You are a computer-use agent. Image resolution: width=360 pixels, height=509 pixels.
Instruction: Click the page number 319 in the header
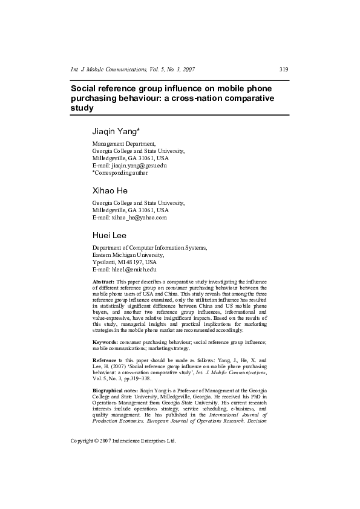coord(284,70)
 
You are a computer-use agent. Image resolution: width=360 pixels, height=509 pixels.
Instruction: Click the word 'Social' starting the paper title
coord(84,87)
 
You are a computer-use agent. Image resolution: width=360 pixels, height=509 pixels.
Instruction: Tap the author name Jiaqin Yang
coord(116,131)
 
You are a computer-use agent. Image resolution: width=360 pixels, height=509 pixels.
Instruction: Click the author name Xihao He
coord(110,190)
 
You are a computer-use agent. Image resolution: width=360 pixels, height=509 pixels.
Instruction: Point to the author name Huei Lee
coord(110,235)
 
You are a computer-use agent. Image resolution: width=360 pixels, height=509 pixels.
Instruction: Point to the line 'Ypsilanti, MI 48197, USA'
coord(124,262)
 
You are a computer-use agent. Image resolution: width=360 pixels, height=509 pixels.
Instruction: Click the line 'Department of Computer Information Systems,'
coord(149,248)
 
